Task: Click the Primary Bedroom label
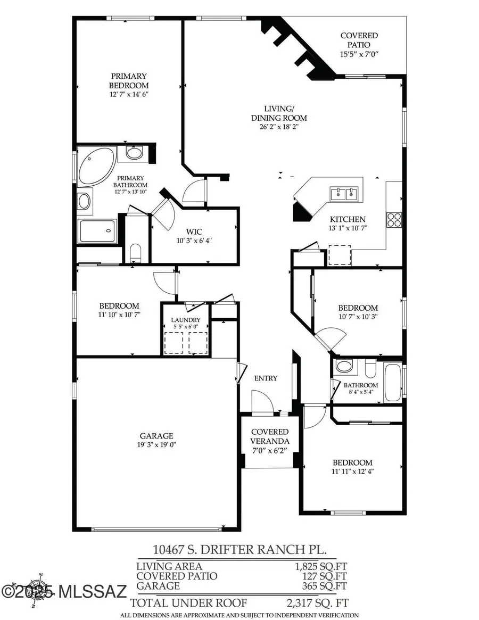[x=129, y=81]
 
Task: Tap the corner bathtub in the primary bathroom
[x=95, y=166]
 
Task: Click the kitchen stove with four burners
[x=394, y=220]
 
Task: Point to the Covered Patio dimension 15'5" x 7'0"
[x=359, y=54]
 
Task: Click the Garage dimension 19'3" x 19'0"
[x=157, y=445]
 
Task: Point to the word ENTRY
[x=266, y=378]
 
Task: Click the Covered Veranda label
[x=270, y=436]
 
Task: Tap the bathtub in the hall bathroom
[x=394, y=382]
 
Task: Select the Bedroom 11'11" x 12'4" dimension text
[x=352, y=471]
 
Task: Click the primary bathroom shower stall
[x=97, y=231]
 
